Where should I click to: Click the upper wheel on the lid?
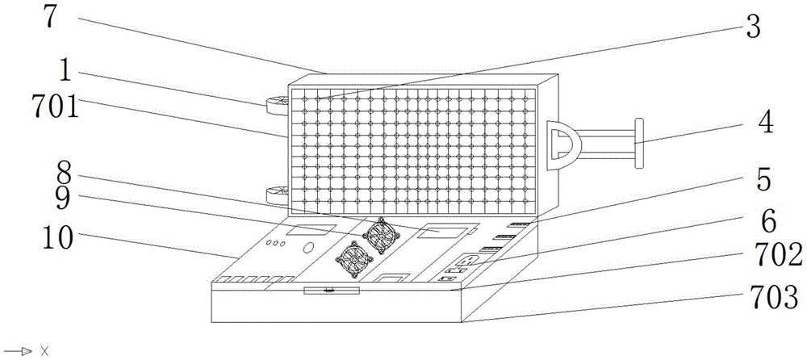[x=275, y=103]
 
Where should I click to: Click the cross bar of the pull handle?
[x=639, y=144]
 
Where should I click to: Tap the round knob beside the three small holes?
[x=308, y=248]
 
